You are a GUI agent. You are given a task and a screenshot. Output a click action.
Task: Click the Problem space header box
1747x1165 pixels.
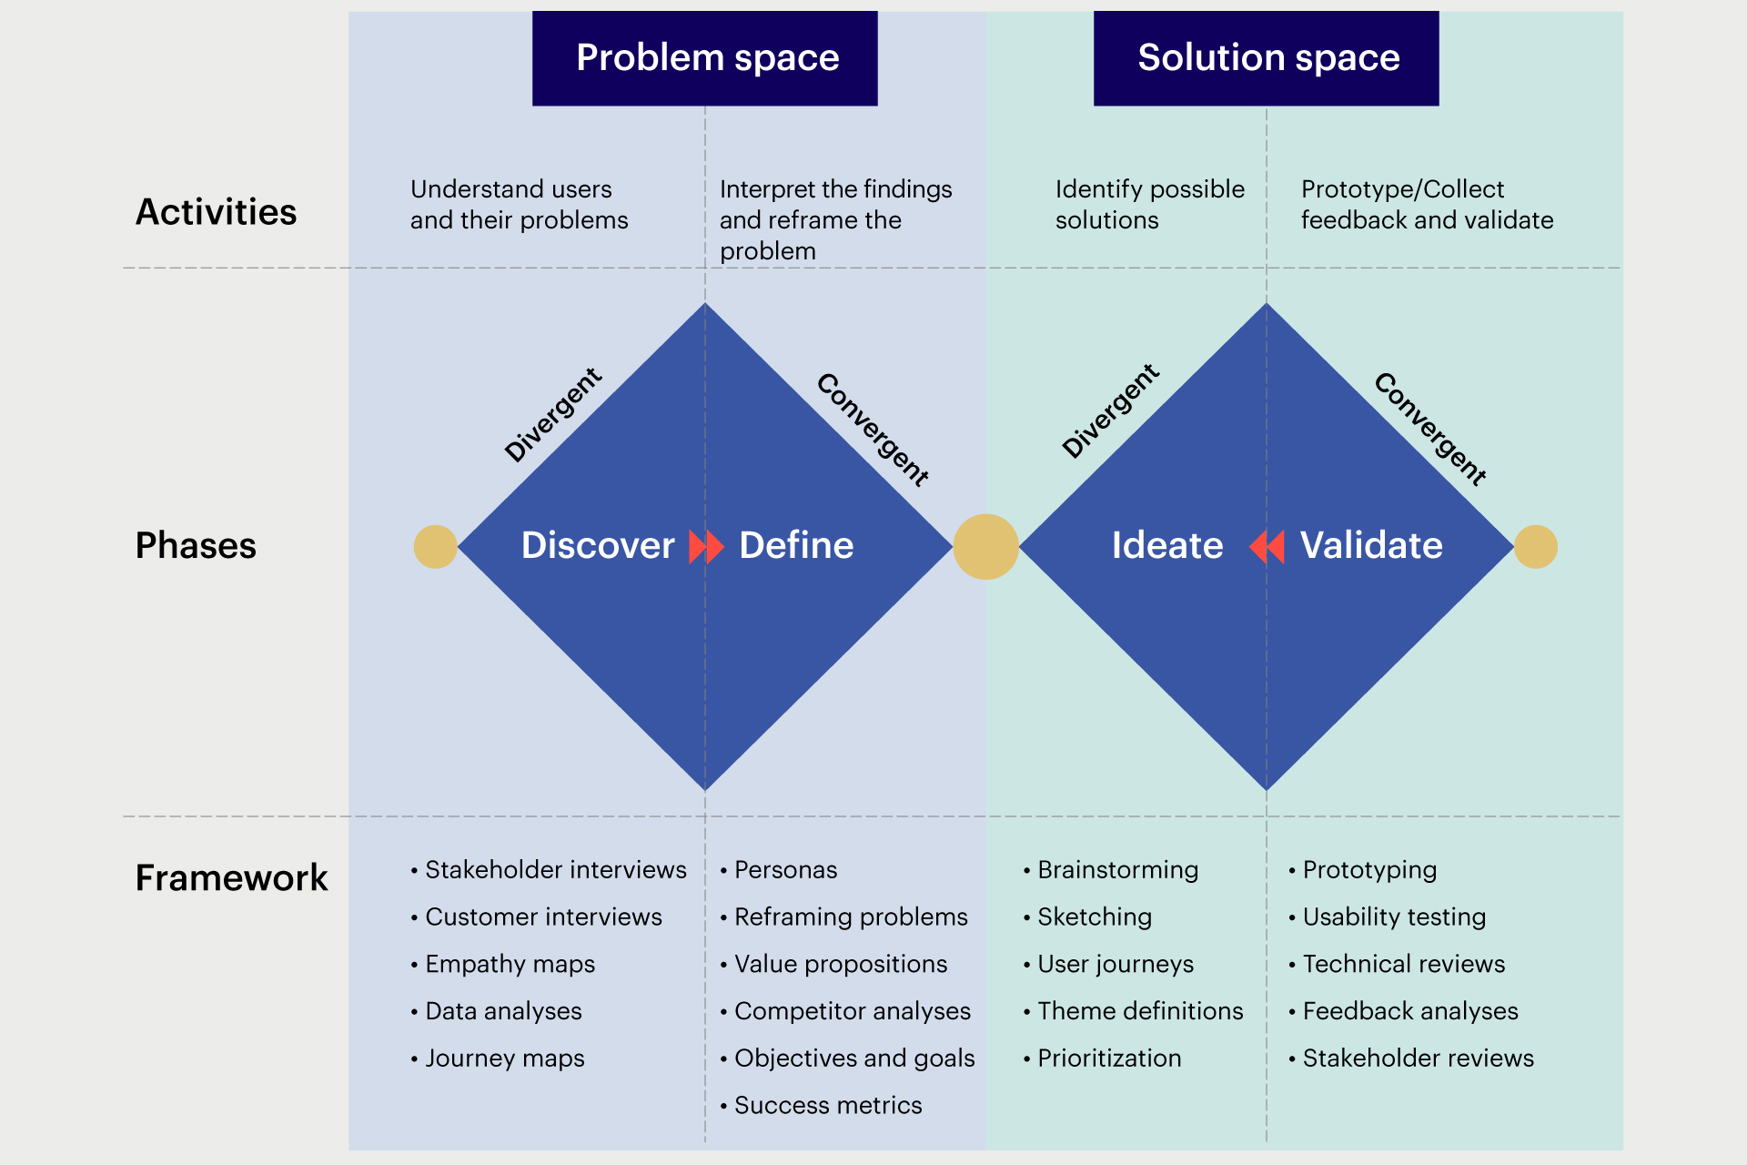coord(705,58)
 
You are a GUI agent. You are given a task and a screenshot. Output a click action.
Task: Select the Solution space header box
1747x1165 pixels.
coord(1266,58)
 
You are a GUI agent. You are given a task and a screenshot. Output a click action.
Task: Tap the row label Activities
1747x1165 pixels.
coord(216,212)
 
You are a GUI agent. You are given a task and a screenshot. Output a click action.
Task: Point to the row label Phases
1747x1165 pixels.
coord(196,546)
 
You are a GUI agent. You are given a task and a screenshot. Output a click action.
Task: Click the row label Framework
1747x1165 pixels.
coord(231,878)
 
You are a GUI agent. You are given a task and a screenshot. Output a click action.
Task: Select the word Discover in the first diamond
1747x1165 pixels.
coord(598,546)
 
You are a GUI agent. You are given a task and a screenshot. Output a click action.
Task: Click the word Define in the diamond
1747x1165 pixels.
coord(796,546)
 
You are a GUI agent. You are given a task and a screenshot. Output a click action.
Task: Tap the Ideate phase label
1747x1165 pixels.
coord(1167,546)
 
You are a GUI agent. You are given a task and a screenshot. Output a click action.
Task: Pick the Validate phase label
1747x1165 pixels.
coord(1371,546)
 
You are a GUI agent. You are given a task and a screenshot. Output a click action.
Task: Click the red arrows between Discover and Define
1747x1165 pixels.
coord(706,547)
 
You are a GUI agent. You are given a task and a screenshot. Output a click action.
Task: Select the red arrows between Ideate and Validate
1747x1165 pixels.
coord(1267,547)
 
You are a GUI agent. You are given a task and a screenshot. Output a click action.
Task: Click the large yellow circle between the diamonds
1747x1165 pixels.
coord(985,547)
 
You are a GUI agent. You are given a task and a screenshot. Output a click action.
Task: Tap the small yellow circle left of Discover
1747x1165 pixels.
coord(435,547)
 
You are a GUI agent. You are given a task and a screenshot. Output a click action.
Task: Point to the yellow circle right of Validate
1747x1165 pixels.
coord(1536,547)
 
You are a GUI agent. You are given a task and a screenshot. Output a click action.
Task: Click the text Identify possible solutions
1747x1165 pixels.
coord(1149,205)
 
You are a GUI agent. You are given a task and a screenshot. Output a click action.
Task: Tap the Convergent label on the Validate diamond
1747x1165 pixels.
coord(1430,429)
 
